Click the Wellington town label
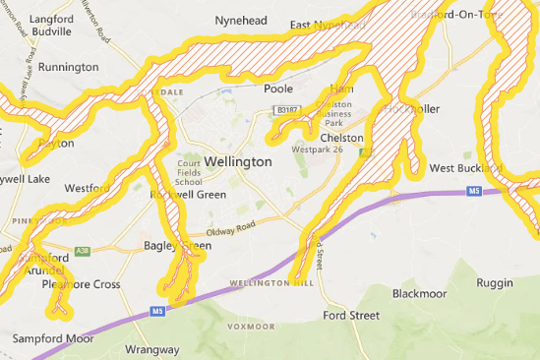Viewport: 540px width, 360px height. (x=239, y=160)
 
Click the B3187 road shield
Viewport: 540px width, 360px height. (x=286, y=112)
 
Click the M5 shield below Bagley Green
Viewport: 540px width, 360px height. (x=156, y=312)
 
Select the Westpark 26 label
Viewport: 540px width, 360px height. (x=318, y=150)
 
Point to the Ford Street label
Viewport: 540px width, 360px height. (x=351, y=316)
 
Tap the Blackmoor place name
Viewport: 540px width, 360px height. (x=419, y=293)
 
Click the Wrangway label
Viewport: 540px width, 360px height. (x=152, y=349)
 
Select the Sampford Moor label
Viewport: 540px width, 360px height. (x=53, y=338)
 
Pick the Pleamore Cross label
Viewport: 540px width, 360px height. (x=81, y=284)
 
